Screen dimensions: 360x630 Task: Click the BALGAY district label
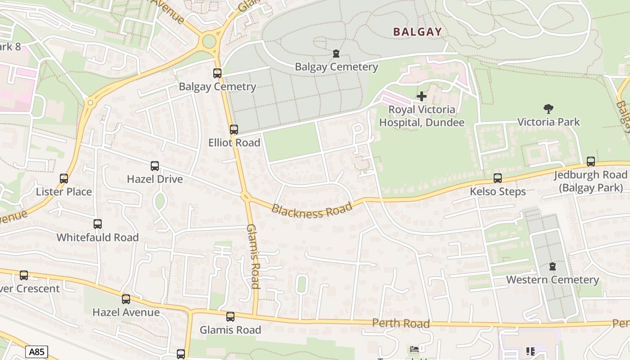pyautogui.click(x=417, y=32)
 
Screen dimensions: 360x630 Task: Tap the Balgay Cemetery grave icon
pyautogui.click(x=336, y=54)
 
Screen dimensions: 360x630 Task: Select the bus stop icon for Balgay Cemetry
pyautogui.click(x=217, y=73)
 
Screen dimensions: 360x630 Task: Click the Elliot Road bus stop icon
pyautogui.click(x=234, y=130)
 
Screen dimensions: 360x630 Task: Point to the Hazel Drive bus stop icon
pyautogui.click(x=155, y=166)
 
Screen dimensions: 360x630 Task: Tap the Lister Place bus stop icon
pyautogui.click(x=64, y=179)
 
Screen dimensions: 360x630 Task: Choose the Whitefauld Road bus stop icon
pyautogui.click(x=98, y=224)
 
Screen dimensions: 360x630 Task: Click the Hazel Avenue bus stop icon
pyautogui.click(x=126, y=299)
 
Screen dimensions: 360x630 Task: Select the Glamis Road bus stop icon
pyautogui.click(x=230, y=317)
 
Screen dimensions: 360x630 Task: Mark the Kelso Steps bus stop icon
pyautogui.click(x=497, y=178)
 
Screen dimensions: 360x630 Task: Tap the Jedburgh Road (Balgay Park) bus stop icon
pyautogui.click(x=590, y=162)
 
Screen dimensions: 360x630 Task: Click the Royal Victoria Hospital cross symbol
pyautogui.click(x=422, y=96)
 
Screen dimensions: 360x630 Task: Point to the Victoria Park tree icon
pyautogui.click(x=548, y=108)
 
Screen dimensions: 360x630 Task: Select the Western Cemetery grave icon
pyautogui.click(x=553, y=267)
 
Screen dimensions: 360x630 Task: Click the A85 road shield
pyautogui.click(x=36, y=351)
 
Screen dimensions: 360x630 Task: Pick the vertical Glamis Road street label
pyautogui.click(x=253, y=256)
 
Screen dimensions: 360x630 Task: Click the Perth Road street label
pyautogui.click(x=401, y=324)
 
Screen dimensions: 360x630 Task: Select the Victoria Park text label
pyautogui.click(x=549, y=122)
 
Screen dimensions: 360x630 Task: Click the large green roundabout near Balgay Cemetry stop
pyautogui.click(x=209, y=41)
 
